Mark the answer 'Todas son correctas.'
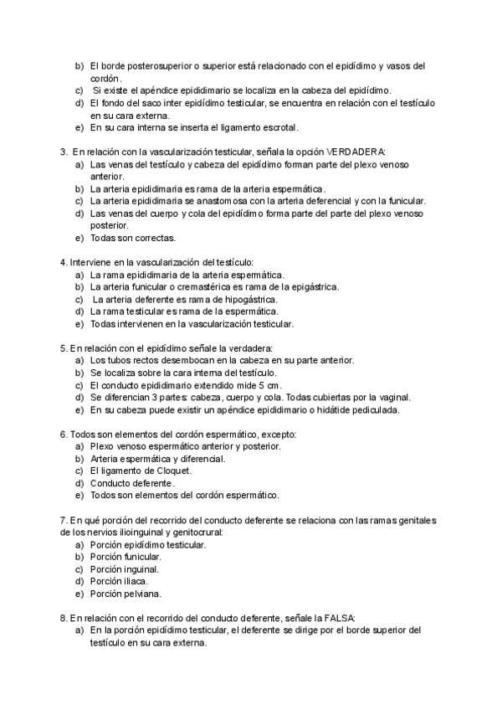pos(133,238)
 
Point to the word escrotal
pos(274,128)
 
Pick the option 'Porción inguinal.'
pos(125,569)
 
